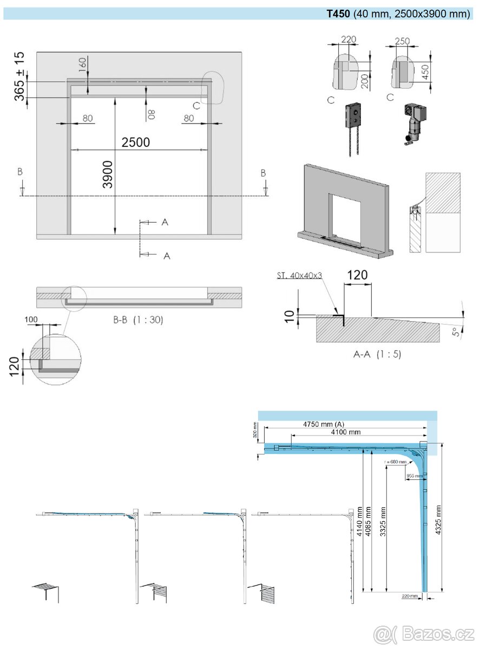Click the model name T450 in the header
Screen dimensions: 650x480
coord(338,14)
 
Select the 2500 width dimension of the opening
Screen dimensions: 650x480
coord(136,142)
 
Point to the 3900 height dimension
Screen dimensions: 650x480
coord(108,174)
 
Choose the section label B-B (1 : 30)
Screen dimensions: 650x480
coord(138,320)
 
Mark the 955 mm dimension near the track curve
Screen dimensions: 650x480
coord(413,476)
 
